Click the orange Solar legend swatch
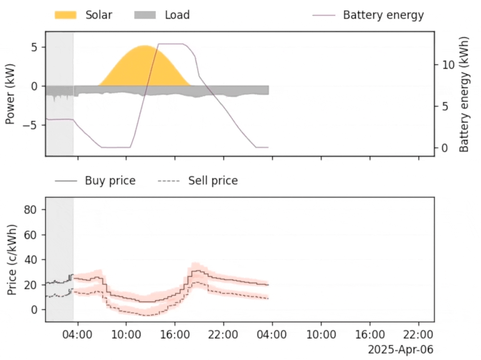tap(65, 15)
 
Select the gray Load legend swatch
tap(145, 15)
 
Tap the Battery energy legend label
tap(383, 15)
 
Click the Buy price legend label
tap(110, 181)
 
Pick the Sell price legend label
tap(213, 181)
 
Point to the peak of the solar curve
tap(145, 46)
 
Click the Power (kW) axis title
tap(10, 94)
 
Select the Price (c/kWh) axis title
tap(12, 260)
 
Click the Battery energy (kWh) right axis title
tap(464, 94)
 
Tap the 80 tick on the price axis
tap(30, 210)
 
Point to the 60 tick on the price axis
tap(30, 235)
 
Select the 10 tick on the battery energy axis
tap(448, 65)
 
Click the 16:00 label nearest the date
tap(370, 334)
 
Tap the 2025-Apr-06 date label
tap(400, 350)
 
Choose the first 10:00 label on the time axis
tap(126, 334)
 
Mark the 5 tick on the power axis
tap(34, 47)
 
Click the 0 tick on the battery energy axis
tap(444, 148)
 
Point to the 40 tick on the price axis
tap(30, 260)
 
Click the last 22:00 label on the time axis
tap(418, 334)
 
